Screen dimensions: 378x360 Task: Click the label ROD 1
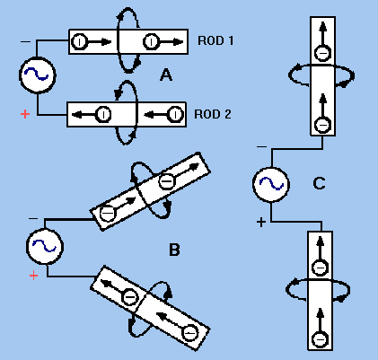point(215,40)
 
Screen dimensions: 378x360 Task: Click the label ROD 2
point(213,114)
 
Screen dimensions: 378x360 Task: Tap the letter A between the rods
point(166,75)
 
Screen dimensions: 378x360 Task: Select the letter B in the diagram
point(174,250)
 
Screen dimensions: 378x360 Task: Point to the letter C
point(319,183)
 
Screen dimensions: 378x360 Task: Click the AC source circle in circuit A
point(38,75)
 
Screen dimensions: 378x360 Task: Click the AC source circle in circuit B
point(45,246)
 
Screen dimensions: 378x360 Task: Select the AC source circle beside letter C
point(271,184)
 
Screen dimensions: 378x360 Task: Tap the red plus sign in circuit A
point(25,114)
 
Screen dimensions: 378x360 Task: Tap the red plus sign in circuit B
point(33,276)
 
